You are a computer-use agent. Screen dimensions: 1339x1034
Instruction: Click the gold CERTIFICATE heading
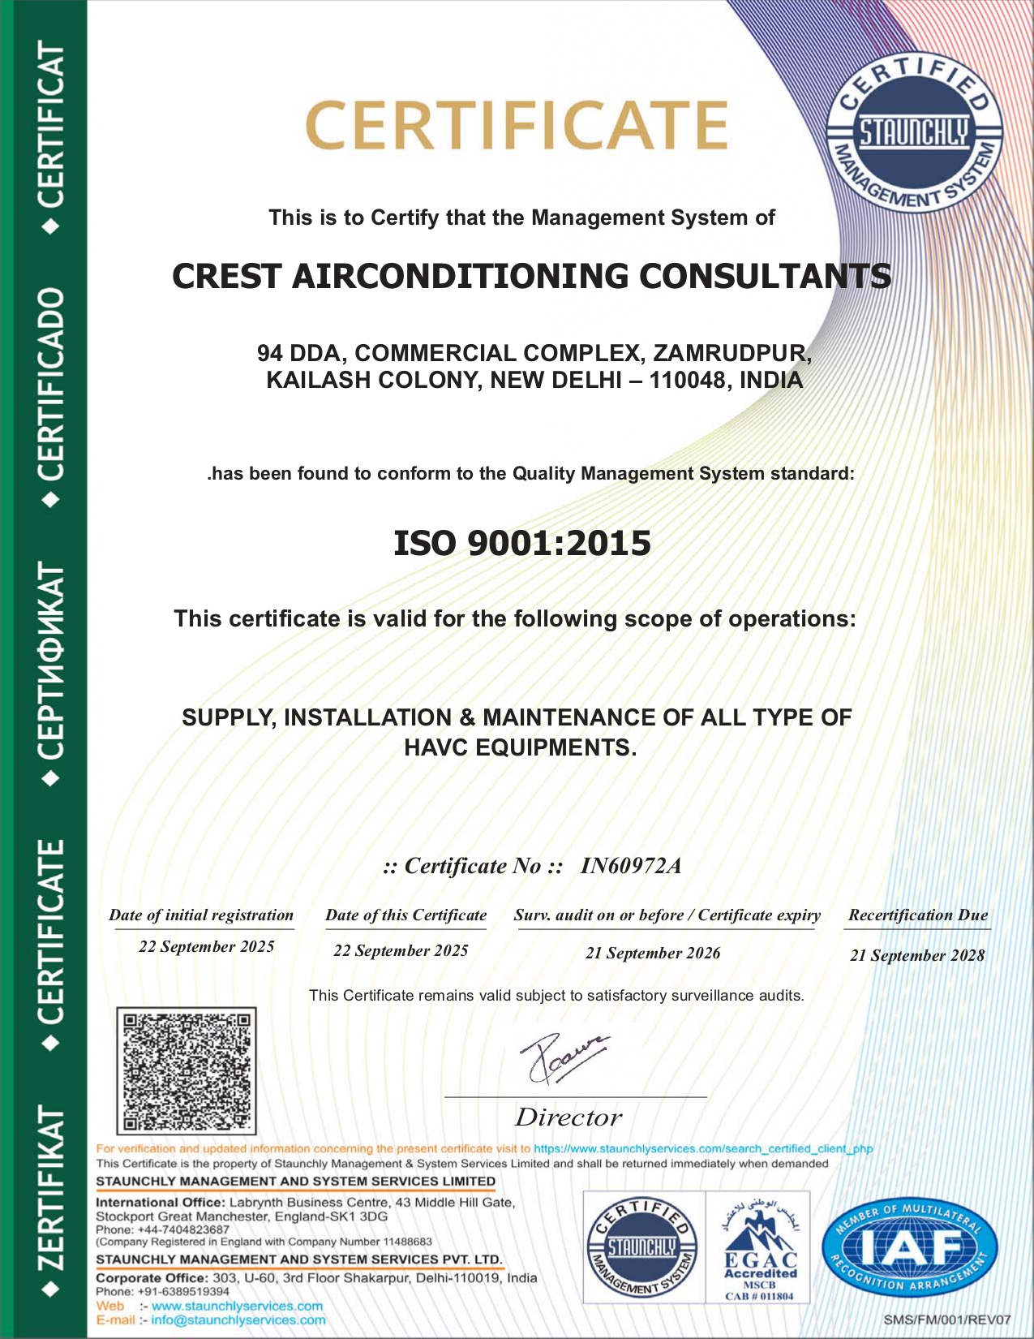click(x=516, y=125)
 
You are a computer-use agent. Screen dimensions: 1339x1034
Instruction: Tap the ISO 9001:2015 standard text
click(x=521, y=543)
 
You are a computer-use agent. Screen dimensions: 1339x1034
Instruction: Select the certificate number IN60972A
click(x=630, y=866)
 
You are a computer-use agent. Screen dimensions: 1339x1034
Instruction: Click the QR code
click(x=186, y=1070)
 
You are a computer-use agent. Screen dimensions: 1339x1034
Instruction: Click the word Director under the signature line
click(x=568, y=1117)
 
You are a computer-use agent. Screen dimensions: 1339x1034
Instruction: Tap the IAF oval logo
click(x=909, y=1247)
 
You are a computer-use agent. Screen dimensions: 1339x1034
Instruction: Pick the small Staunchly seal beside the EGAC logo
click(x=641, y=1247)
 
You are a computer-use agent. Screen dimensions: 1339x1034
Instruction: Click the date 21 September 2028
click(x=917, y=955)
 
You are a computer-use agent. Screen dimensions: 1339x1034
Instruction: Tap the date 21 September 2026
click(x=653, y=953)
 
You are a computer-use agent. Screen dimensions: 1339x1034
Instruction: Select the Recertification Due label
click(x=918, y=915)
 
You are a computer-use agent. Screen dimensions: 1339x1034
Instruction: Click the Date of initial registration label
click(x=201, y=915)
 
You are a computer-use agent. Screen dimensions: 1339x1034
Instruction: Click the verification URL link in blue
click(x=702, y=1148)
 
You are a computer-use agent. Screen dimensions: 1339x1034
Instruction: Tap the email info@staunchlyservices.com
click(x=238, y=1320)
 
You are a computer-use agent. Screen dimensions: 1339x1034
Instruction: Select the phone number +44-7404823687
click(x=183, y=1229)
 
